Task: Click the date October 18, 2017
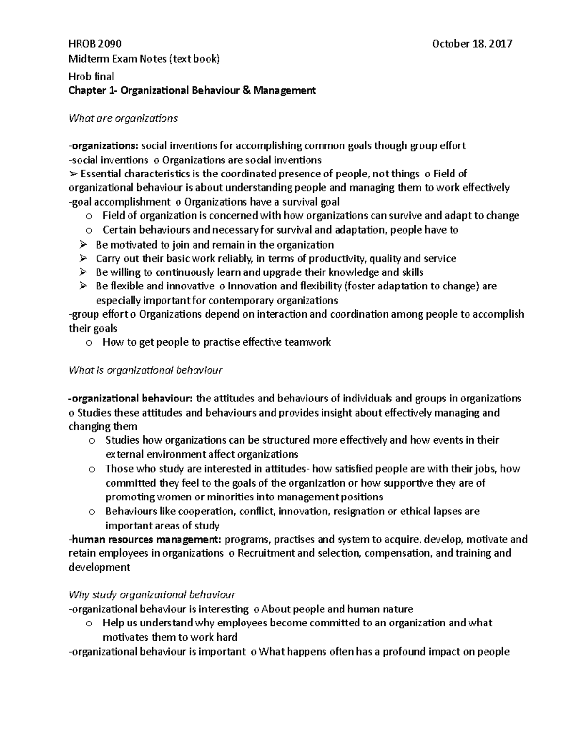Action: click(472, 44)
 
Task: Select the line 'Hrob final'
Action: click(91, 76)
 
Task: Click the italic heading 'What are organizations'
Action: click(123, 118)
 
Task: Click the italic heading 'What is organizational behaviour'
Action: click(145, 370)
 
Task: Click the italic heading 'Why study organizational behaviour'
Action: click(152, 594)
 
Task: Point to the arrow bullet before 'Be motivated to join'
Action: click(82, 245)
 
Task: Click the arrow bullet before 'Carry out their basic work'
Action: click(82, 258)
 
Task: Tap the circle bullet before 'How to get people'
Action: click(88, 343)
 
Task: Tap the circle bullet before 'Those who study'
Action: click(91, 469)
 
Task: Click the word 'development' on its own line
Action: click(99, 567)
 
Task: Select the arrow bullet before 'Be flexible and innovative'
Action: click(82, 286)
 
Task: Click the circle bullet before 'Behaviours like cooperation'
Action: click(91, 512)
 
